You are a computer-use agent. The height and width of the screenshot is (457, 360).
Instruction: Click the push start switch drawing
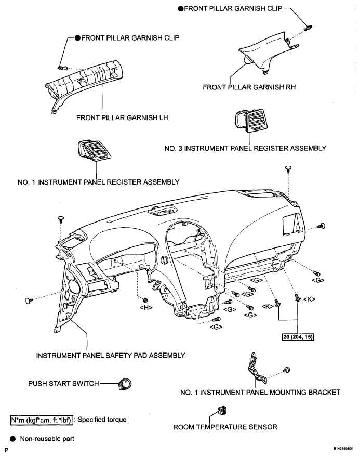tap(125, 384)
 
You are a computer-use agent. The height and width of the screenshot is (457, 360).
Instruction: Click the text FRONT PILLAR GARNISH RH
tap(249, 87)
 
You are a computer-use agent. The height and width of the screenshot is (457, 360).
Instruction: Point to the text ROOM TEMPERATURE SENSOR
tap(225, 427)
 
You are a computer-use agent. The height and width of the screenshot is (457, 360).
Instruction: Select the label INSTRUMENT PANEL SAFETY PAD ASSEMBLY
tap(111, 356)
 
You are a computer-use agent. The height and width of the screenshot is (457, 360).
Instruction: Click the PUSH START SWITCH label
tap(63, 384)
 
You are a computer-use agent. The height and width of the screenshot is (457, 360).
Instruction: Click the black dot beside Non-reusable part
tap(12, 439)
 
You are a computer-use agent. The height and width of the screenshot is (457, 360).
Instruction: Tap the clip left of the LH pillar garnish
tap(62, 68)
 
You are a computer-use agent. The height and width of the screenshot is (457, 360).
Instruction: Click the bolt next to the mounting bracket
tap(286, 370)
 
